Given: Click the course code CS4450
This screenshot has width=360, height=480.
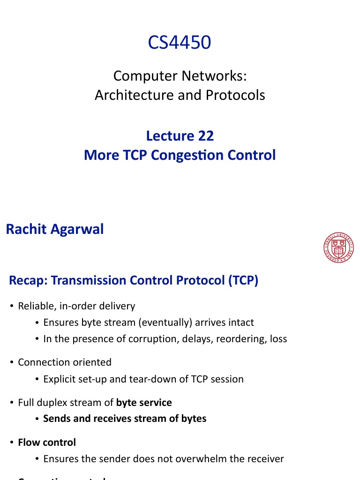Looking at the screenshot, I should coord(180,43).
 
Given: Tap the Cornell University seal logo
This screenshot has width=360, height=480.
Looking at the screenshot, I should coord(338,248).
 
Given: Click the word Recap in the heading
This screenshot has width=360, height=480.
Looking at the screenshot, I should coord(28,280).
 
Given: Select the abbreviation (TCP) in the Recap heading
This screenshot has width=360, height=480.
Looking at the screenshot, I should coord(243,280).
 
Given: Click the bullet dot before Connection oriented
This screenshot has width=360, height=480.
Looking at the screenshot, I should coord(12,362).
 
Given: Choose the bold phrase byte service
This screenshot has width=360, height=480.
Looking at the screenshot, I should coord(144,403).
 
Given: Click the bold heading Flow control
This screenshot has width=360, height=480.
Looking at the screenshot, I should coord(47,442).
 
